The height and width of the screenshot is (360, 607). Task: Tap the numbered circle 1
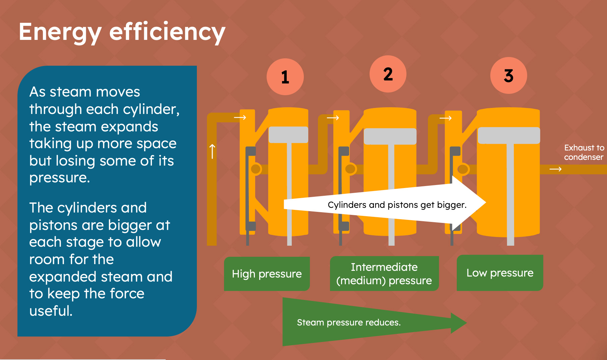coord(285,77)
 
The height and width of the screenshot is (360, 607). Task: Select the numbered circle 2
coord(388,74)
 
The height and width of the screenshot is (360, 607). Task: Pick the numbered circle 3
coord(508,75)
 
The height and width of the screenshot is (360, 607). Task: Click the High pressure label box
coord(267,274)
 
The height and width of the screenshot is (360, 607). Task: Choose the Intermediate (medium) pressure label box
coord(384,274)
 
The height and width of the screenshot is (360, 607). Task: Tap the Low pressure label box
coord(500,273)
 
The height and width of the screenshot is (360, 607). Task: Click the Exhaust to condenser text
coord(584,153)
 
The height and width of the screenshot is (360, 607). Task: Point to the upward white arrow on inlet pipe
coord(212,152)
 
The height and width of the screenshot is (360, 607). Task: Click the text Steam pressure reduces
coord(349,322)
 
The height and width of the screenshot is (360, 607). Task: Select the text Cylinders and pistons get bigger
coord(397,205)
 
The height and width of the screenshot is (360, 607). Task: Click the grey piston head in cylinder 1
coord(288,135)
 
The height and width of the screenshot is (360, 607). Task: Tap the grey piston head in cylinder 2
coord(390,136)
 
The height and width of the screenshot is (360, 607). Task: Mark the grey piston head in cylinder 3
coord(509,135)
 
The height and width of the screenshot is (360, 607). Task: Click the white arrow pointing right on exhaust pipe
coord(555,169)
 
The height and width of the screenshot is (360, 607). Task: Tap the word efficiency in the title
coord(167,33)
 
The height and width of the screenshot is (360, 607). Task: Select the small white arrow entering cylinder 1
coord(240,117)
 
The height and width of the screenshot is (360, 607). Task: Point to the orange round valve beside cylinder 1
coord(256,169)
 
